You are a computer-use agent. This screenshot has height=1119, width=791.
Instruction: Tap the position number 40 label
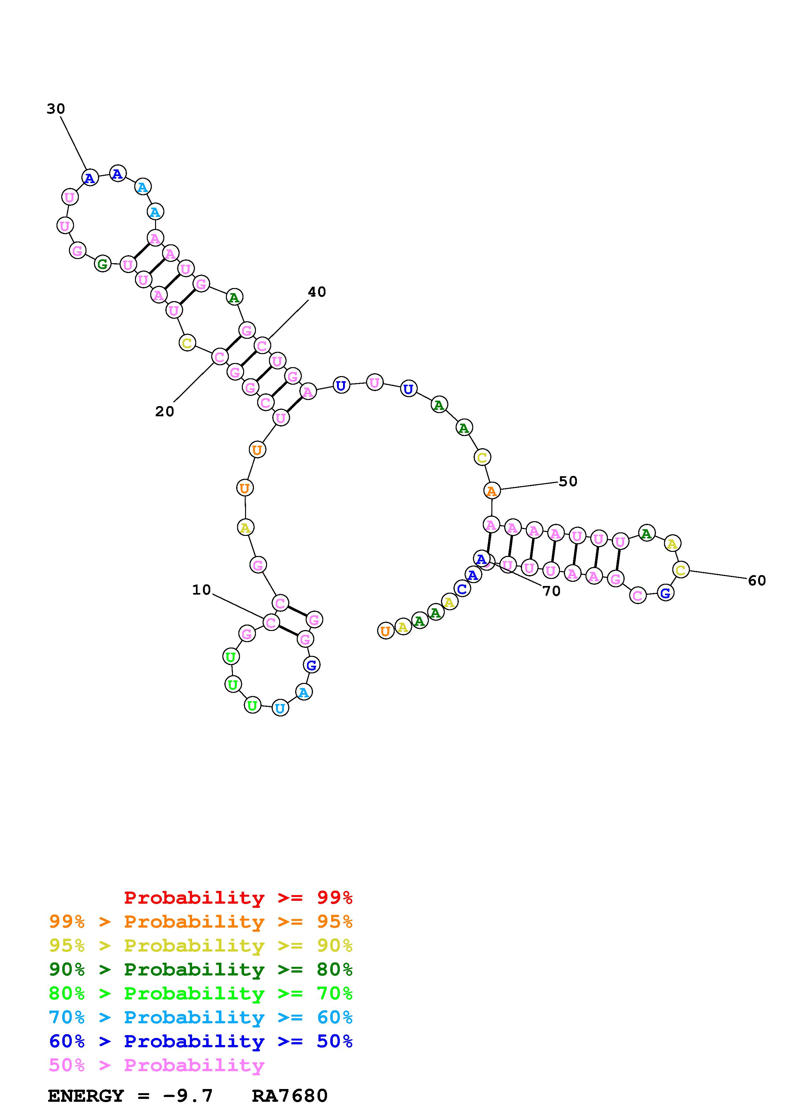(x=317, y=292)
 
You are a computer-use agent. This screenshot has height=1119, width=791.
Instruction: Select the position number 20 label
(x=165, y=412)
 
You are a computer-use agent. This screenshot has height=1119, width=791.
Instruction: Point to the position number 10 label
(x=201, y=590)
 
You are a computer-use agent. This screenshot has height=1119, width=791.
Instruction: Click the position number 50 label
(x=568, y=482)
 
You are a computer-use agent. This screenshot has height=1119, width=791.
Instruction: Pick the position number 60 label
(x=757, y=581)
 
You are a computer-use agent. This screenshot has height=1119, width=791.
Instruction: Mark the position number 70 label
(x=551, y=591)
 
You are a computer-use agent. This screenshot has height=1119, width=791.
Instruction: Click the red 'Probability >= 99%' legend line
(x=238, y=898)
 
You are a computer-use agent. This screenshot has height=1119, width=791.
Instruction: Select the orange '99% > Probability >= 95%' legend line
(x=201, y=922)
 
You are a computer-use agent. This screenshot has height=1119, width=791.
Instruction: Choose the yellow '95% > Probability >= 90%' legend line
(x=201, y=945)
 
